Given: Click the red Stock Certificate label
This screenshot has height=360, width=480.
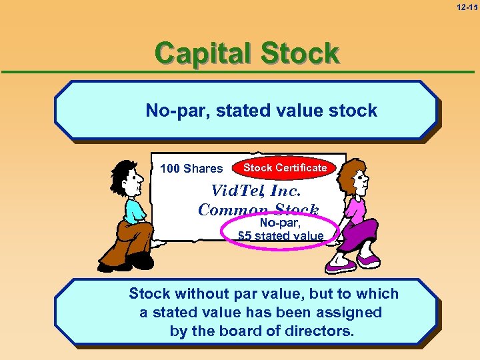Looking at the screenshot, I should (x=285, y=168).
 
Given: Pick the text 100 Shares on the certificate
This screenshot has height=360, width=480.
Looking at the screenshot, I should (x=191, y=169).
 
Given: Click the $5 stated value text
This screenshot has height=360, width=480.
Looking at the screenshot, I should (x=281, y=235).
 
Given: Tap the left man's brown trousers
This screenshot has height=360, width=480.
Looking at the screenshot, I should (x=126, y=237).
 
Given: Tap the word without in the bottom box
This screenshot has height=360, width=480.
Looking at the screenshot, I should (x=201, y=294).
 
